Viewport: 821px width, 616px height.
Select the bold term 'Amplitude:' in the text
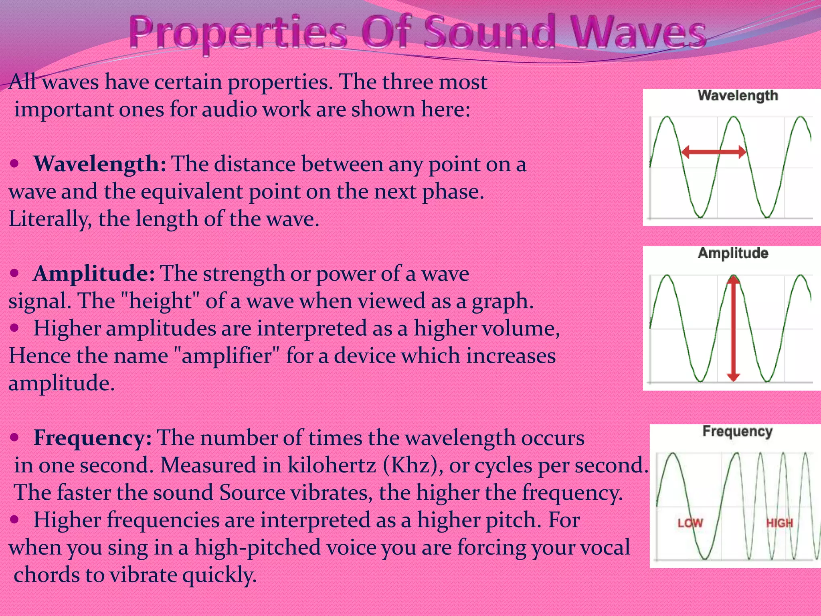(94, 274)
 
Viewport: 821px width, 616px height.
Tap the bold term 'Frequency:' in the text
(93, 438)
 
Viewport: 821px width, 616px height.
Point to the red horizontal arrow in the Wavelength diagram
(714, 152)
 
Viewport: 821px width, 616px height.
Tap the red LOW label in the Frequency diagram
(690, 523)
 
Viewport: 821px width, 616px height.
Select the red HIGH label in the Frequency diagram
(779, 523)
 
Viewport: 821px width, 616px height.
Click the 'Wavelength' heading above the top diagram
(738, 95)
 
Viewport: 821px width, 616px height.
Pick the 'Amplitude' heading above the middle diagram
(733, 253)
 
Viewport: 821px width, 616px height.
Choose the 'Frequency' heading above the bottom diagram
(737, 432)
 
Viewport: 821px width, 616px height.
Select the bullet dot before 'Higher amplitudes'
(14, 328)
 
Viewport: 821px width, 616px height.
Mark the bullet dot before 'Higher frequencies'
(14, 520)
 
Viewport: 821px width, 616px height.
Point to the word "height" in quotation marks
(160, 301)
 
